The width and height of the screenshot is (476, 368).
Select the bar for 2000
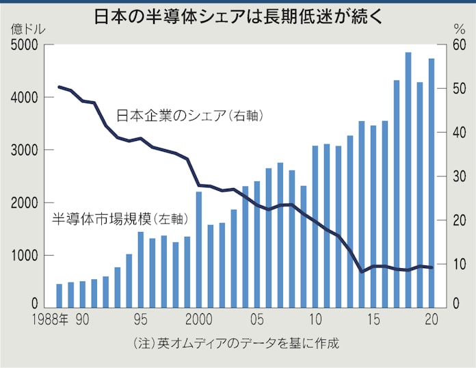(x=198, y=249)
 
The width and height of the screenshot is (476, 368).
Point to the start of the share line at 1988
(x=59, y=87)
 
